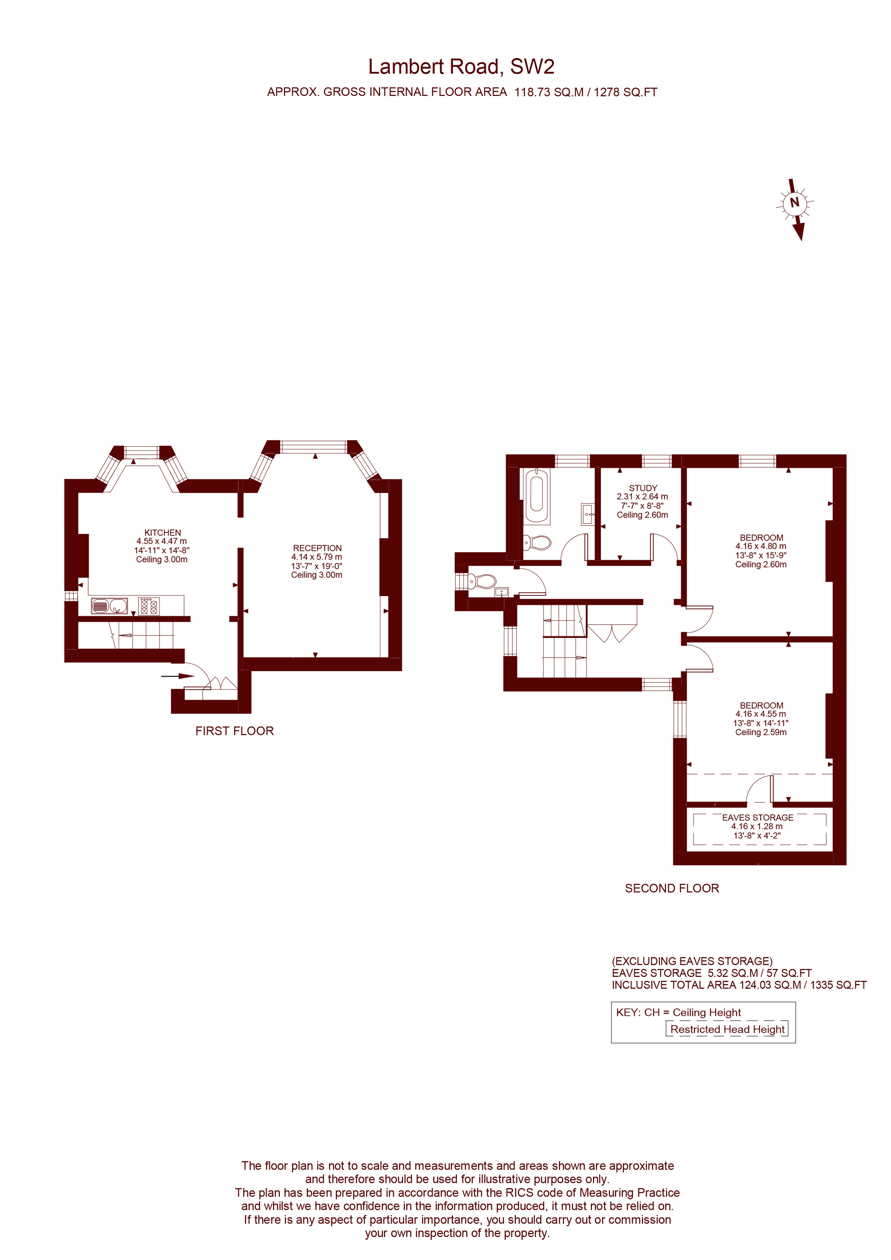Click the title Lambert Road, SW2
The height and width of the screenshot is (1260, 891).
click(x=461, y=67)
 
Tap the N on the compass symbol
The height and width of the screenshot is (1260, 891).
click(x=794, y=202)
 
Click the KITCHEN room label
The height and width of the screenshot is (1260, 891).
click(x=162, y=532)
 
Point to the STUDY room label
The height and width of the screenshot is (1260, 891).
click(x=643, y=488)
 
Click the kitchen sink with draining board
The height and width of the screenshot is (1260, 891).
click(x=110, y=606)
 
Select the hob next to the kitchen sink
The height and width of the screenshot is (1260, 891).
click(x=149, y=606)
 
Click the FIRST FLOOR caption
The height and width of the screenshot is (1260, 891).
click(x=234, y=731)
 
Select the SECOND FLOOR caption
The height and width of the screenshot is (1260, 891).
click(x=672, y=888)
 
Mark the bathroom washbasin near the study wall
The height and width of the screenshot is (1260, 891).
click(x=587, y=514)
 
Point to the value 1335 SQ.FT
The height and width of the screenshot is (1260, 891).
click(x=838, y=985)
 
